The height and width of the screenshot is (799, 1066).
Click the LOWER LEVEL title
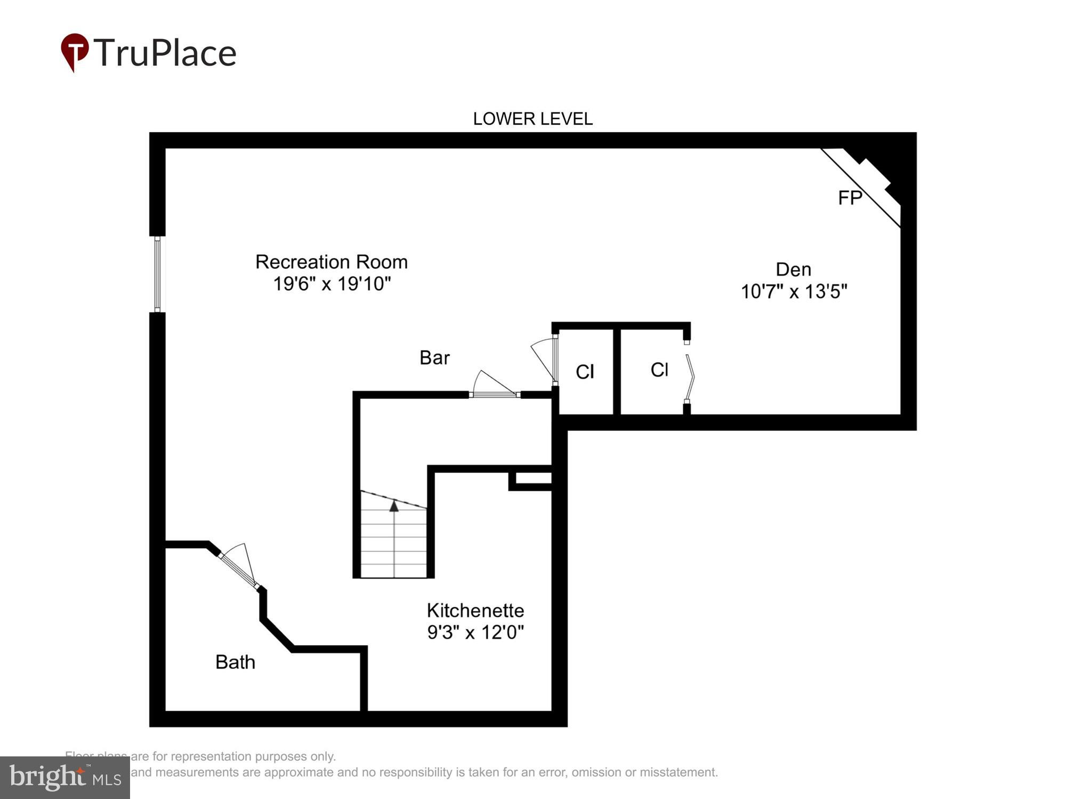(x=532, y=119)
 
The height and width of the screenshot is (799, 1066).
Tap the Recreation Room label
(x=332, y=262)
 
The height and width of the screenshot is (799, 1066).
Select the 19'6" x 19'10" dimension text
(x=332, y=284)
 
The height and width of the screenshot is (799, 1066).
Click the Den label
(x=793, y=270)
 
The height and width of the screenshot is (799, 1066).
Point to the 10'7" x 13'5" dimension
(x=794, y=292)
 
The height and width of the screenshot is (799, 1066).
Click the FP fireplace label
(x=850, y=198)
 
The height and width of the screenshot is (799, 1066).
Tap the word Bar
(x=434, y=358)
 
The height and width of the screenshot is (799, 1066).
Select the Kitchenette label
(x=475, y=610)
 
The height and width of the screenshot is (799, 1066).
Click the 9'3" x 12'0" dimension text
(x=475, y=633)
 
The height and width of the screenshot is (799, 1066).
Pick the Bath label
(x=235, y=662)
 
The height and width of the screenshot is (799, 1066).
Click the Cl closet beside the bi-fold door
(x=659, y=370)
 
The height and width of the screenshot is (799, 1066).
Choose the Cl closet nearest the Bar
(x=585, y=372)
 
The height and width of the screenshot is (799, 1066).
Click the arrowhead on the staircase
(x=394, y=506)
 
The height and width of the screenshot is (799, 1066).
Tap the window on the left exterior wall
(x=157, y=274)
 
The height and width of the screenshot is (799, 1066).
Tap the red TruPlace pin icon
(x=75, y=51)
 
